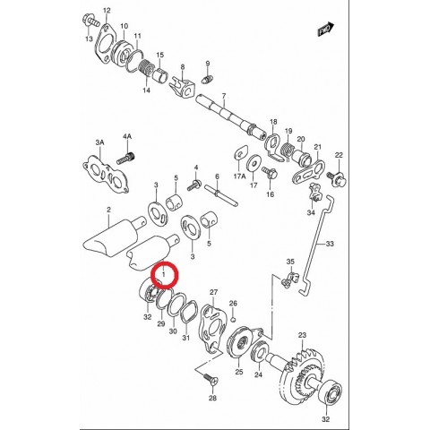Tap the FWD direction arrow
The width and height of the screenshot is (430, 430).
325,30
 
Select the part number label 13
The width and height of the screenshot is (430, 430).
89,39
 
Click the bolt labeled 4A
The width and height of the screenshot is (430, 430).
125,158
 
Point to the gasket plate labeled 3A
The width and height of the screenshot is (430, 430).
106,174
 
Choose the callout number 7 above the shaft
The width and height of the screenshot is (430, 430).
224,96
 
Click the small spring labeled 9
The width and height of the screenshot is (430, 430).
207,80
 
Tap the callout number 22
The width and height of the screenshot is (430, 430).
339,155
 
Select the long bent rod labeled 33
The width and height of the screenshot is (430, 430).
316,244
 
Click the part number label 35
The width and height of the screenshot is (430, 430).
290,262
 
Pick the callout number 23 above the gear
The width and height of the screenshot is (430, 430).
302,335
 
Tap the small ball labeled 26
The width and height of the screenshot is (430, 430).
234,320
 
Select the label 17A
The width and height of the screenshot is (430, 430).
239,176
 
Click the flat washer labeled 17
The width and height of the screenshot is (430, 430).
254,162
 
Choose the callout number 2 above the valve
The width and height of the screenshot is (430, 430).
108,210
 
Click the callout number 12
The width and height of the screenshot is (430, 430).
107,11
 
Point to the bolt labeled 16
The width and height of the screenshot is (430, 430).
270,173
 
